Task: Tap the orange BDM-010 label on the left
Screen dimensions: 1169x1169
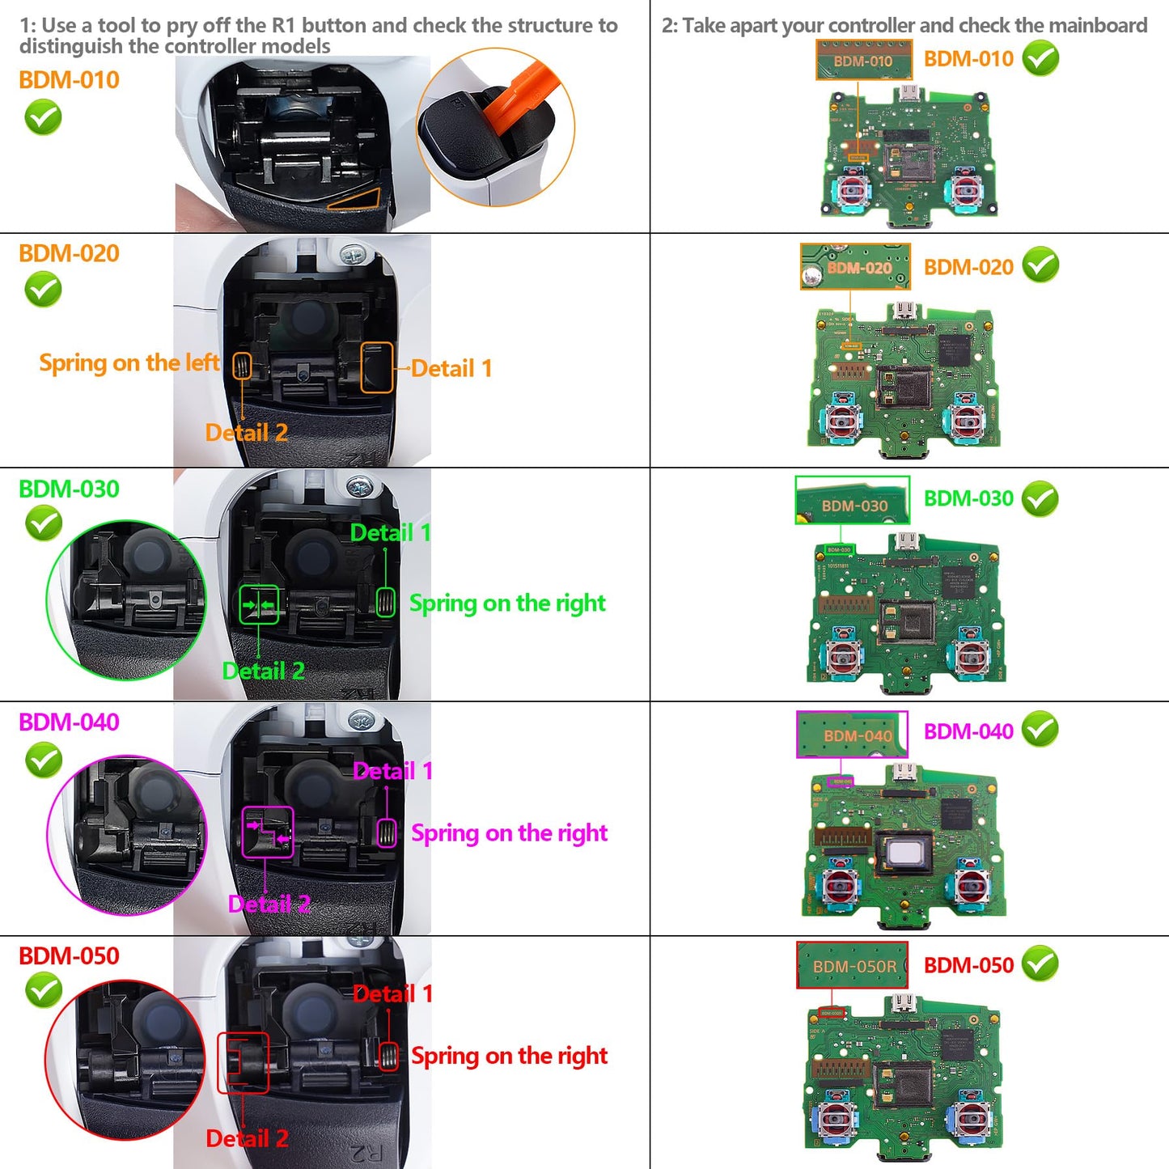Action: point(69,80)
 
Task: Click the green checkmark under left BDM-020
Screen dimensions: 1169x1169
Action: point(43,290)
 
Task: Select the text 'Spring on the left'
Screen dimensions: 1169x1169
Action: point(129,362)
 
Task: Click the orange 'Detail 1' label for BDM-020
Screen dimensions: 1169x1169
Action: point(451,369)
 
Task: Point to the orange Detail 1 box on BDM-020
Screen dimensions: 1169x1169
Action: point(376,367)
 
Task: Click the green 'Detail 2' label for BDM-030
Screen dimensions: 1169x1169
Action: point(263,671)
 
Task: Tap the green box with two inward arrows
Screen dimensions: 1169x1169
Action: point(259,604)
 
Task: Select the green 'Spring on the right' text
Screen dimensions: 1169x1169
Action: point(507,604)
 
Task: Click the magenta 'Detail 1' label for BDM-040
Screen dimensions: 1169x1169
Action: point(392,772)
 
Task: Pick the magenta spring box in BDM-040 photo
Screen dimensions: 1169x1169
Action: point(387,832)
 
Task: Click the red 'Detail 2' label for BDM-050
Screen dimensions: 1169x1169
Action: point(247,1139)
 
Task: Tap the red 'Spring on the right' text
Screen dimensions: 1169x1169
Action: point(509,1056)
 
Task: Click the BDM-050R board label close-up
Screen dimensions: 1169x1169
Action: point(852,965)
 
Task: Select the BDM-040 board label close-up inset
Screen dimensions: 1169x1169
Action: point(852,735)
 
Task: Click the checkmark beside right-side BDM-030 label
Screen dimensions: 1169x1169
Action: point(1040,499)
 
